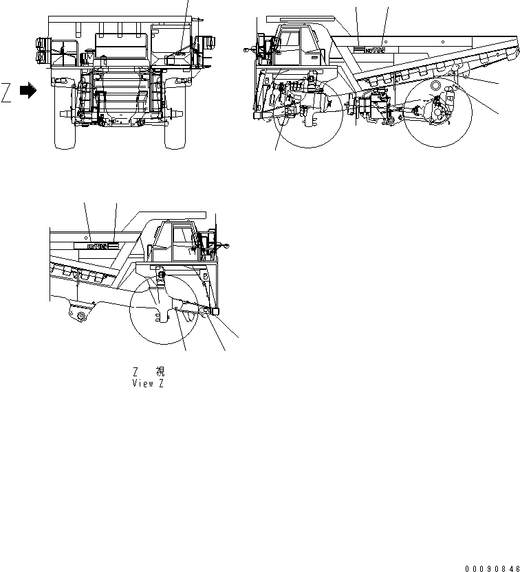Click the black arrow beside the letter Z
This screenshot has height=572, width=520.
coord(28,90)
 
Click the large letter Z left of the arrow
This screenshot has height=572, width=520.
coord(6,91)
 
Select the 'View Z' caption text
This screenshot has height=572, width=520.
coord(148,383)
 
